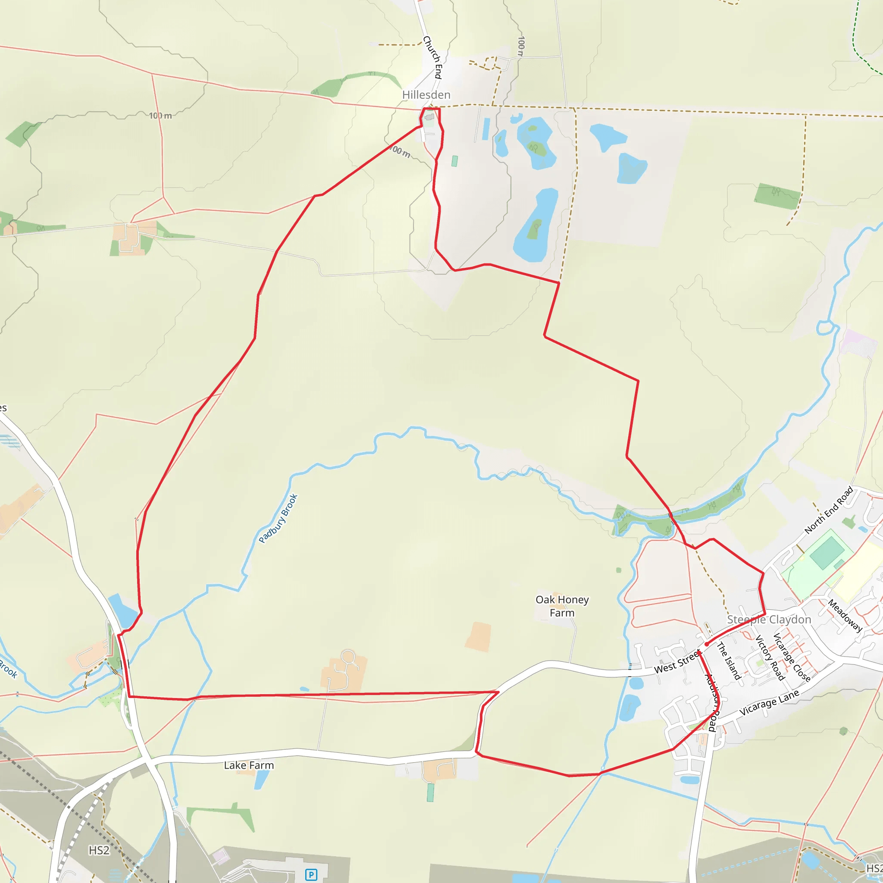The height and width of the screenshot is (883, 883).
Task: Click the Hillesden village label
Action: coord(426,95)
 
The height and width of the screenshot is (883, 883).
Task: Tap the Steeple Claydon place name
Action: coord(769,620)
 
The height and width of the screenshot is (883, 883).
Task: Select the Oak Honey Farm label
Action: coord(562,606)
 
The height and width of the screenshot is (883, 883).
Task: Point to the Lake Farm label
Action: coord(249,765)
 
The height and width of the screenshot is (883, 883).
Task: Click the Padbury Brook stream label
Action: coord(278,518)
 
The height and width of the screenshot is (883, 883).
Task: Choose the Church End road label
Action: coord(433,58)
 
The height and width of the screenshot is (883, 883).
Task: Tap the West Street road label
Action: coord(676,662)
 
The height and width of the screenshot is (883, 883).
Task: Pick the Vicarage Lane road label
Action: coord(769,703)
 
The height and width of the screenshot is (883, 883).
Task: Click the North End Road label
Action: coord(828,510)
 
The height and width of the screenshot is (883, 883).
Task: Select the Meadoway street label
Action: coord(845,616)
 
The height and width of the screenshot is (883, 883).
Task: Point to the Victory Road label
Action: coord(770,657)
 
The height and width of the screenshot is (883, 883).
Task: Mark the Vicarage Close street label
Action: coord(791,657)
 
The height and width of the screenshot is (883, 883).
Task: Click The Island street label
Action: coord(729,661)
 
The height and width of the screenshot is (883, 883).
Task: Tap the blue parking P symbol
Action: coord(311,875)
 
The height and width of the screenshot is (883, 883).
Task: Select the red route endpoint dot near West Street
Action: coord(707,644)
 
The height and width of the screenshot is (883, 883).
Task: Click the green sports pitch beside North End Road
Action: coord(827,553)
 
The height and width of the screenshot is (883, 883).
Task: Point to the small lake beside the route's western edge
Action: coord(122,611)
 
